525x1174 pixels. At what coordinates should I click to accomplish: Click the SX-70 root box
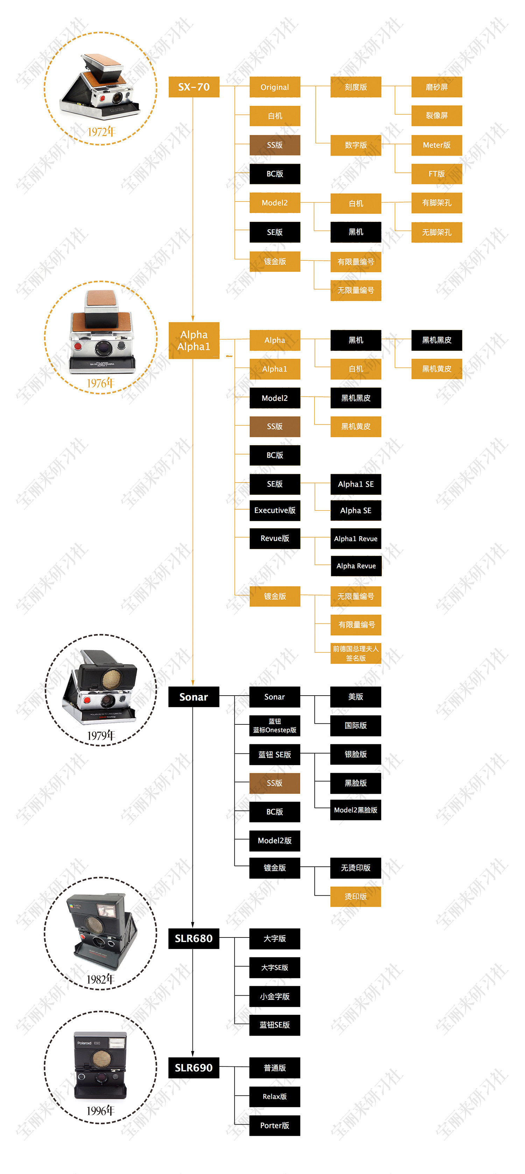[x=194, y=87]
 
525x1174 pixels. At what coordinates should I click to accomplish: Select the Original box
[x=274, y=87]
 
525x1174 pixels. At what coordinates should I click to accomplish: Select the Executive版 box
[x=274, y=511]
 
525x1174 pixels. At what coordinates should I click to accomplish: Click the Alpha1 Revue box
[x=356, y=539]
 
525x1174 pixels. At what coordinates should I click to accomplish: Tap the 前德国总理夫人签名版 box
[x=356, y=653]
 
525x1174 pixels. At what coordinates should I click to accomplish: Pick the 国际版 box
[x=356, y=725]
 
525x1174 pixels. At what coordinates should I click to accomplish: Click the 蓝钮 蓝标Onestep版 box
[x=274, y=725]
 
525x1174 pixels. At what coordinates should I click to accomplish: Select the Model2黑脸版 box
[x=356, y=810]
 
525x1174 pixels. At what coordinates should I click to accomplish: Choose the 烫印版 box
[x=356, y=896]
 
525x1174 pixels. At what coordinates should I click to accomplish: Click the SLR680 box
[x=194, y=938]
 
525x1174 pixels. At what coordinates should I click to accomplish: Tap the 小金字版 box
[x=274, y=996]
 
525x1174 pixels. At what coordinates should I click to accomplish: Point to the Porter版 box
[x=274, y=1125]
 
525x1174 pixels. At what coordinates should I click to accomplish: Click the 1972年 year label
[x=101, y=132]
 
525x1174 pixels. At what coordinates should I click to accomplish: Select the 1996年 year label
[x=101, y=1111]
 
